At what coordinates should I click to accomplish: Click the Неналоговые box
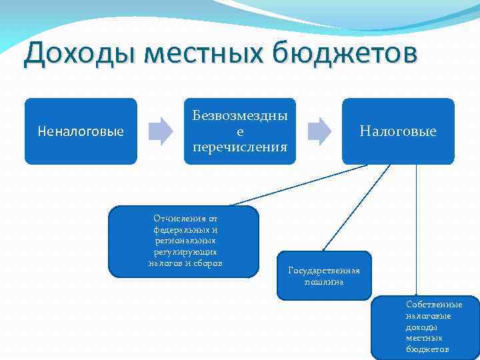pyautogui.click(x=81, y=131)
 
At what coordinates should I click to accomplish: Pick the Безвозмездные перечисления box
pyautogui.click(x=240, y=131)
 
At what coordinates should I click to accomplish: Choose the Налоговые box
pyautogui.click(x=398, y=131)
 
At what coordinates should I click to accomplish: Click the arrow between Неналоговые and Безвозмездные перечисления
pyautogui.click(x=160, y=131)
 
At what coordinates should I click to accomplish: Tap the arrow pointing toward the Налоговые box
pyautogui.click(x=319, y=131)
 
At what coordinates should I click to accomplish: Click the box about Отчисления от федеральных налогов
pyautogui.click(x=185, y=241)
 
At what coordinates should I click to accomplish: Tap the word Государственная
pyautogui.click(x=323, y=270)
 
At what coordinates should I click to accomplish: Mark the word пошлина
pyautogui.click(x=323, y=282)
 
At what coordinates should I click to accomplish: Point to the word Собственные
pyautogui.click(x=434, y=304)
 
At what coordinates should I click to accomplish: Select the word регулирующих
pyautogui.click(x=185, y=252)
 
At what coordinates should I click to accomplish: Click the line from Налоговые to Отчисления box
pyautogui.click(x=300, y=185)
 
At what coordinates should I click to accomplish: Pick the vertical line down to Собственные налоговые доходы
pyautogui.click(x=417, y=227)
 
